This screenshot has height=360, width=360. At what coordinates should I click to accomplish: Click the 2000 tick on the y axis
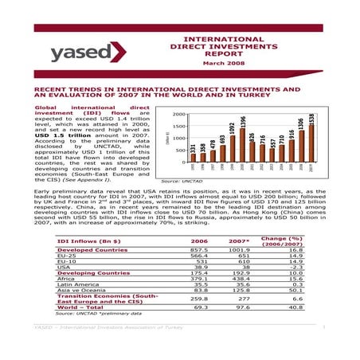pyautogui.click(x=179, y=114)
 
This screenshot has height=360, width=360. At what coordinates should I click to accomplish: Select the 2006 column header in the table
pyautogui.click(x=198, y=241)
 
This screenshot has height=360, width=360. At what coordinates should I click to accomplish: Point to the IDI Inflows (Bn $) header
pyautogui.click(x=88, y=241)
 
